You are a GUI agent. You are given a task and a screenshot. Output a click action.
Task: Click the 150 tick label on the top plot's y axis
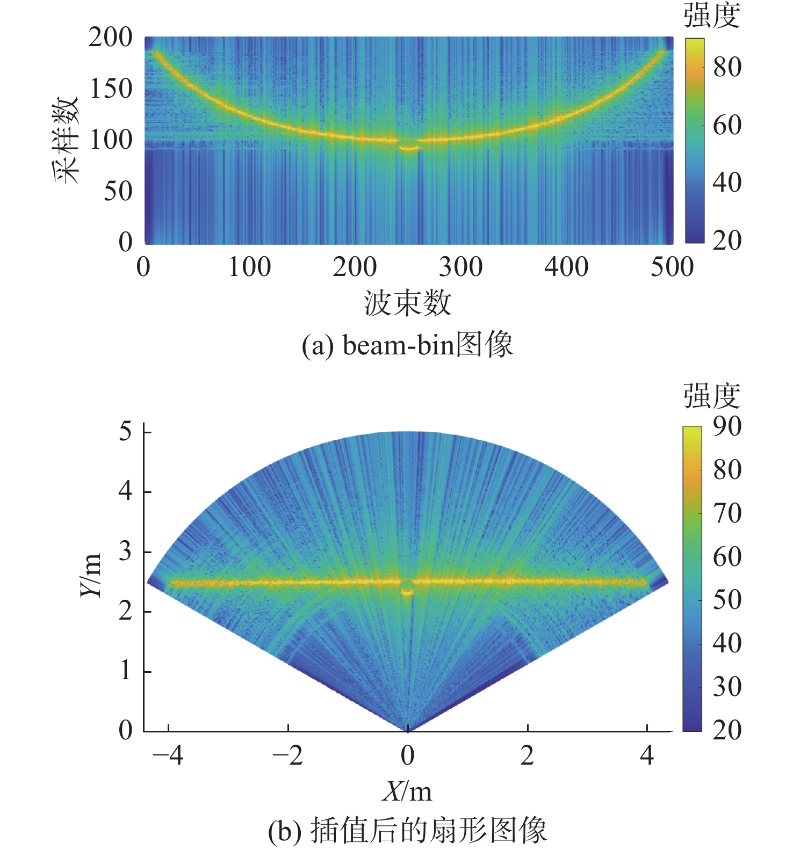tap(111, 89)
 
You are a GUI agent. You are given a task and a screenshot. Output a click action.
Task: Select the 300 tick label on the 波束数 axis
tap(460, 267)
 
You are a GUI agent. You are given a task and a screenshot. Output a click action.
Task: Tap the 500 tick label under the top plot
tap(672, 267)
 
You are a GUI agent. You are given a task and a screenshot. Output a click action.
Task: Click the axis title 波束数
tap(407, 303)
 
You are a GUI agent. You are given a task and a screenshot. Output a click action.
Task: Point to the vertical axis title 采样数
tap(67, 141)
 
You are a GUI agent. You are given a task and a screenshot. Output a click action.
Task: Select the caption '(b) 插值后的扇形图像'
tap(407, 830)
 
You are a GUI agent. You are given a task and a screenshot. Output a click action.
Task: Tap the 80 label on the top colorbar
tap(727, 67)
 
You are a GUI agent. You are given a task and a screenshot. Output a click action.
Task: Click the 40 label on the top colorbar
tap(727, 183)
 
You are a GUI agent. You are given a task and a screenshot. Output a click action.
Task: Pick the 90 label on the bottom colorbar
tap(727, 426)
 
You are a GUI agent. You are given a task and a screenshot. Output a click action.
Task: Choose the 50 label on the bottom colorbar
tap(727, 600)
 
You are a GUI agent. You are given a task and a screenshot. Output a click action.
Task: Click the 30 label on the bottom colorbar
tap(727, 686)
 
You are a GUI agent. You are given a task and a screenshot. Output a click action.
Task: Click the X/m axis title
tap(407, 791)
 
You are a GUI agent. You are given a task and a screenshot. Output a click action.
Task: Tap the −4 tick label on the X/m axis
tap(168, 755)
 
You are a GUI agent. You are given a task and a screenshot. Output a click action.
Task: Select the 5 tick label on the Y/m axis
tap(125, 431)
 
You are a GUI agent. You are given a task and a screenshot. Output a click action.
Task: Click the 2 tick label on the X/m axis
tap(527, 755)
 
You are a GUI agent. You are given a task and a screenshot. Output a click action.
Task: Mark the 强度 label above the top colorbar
tap(712, 16)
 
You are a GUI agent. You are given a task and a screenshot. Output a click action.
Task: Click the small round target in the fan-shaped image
tap(407, 589)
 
